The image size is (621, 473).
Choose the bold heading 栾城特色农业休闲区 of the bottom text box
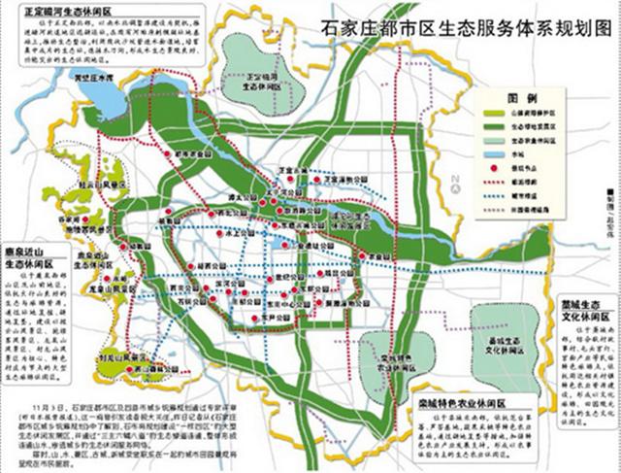(x=467, y=400)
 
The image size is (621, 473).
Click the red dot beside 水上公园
(x=201, y=233)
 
